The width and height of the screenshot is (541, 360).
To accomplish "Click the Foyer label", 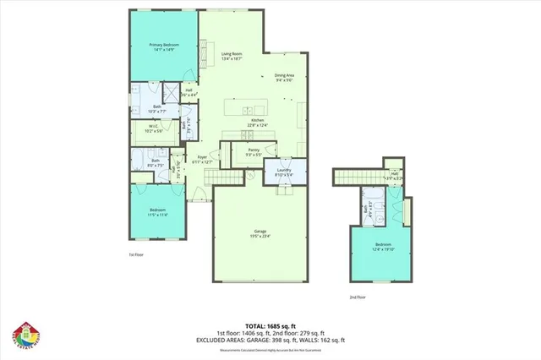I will coord(203,159).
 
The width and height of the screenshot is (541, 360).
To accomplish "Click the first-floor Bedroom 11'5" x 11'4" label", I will coord(157,212).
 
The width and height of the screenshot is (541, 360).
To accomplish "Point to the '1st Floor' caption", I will coord(138,254).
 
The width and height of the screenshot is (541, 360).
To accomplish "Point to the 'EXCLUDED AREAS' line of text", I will coord(270,340).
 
